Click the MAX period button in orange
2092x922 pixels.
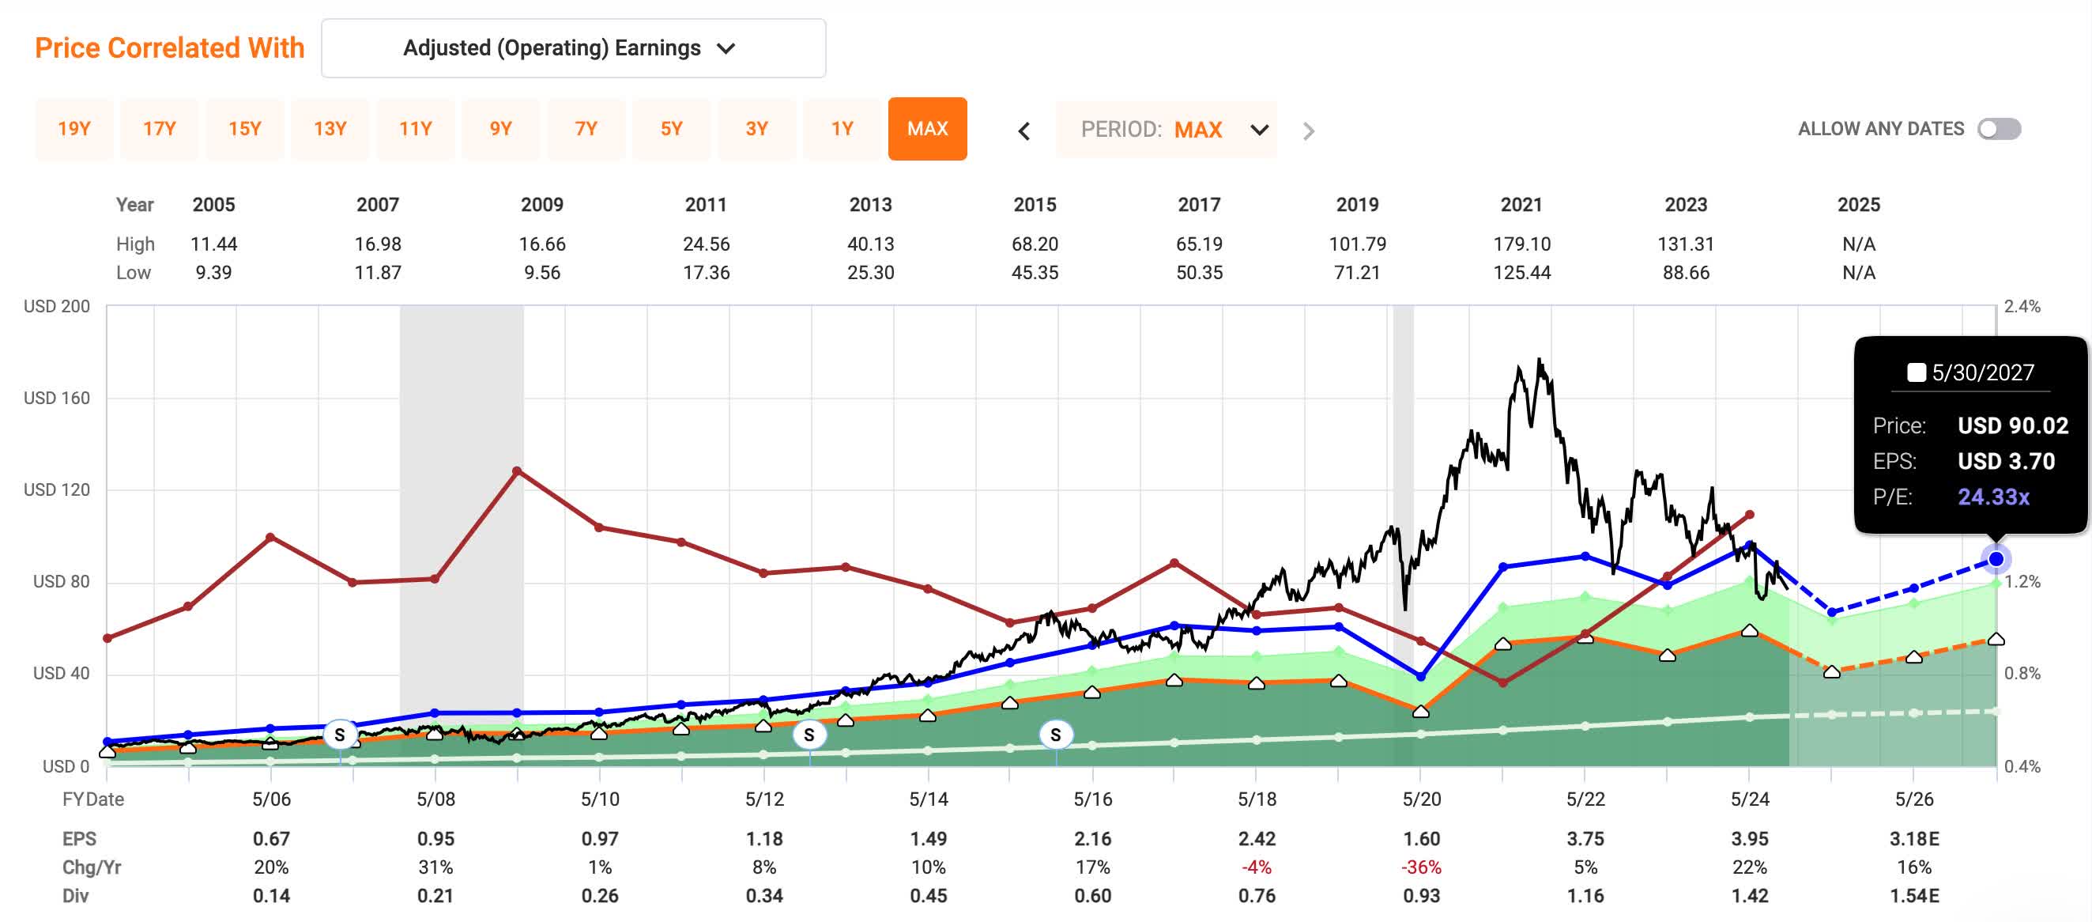click(x=926, y=128)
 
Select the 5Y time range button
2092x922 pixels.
click(x=671, y=128)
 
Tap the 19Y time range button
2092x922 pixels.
click(x=74, y=128)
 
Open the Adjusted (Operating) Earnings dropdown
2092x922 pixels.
click(x=572, y=48)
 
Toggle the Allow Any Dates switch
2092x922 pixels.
click(x=1999, y=128)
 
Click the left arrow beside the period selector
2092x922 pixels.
click(x=1024, y=130)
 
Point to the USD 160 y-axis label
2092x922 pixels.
click(x=56, y=398)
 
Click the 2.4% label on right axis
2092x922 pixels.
click(x=2022, y=306)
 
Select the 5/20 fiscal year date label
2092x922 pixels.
click(x=1421, y=799)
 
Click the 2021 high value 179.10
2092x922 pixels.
click(x=1521, y=244)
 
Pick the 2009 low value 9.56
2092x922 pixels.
click(x=541, y=272)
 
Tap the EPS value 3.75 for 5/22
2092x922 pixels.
click(x=1585, y=838)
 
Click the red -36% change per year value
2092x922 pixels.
click(x=1421, y=867)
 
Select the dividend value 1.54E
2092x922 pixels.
click(x=1914, y=895)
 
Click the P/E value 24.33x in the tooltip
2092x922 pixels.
click(x=1993, y=497)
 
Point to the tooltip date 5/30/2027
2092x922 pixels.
click(x=1982, y=372)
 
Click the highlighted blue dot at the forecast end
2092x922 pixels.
click(x=1996, y=559)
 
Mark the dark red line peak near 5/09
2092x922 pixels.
click(x=518, y=470)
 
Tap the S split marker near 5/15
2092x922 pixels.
click(x=1055, y=735)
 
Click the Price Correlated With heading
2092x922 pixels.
click(x=170, y=48)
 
